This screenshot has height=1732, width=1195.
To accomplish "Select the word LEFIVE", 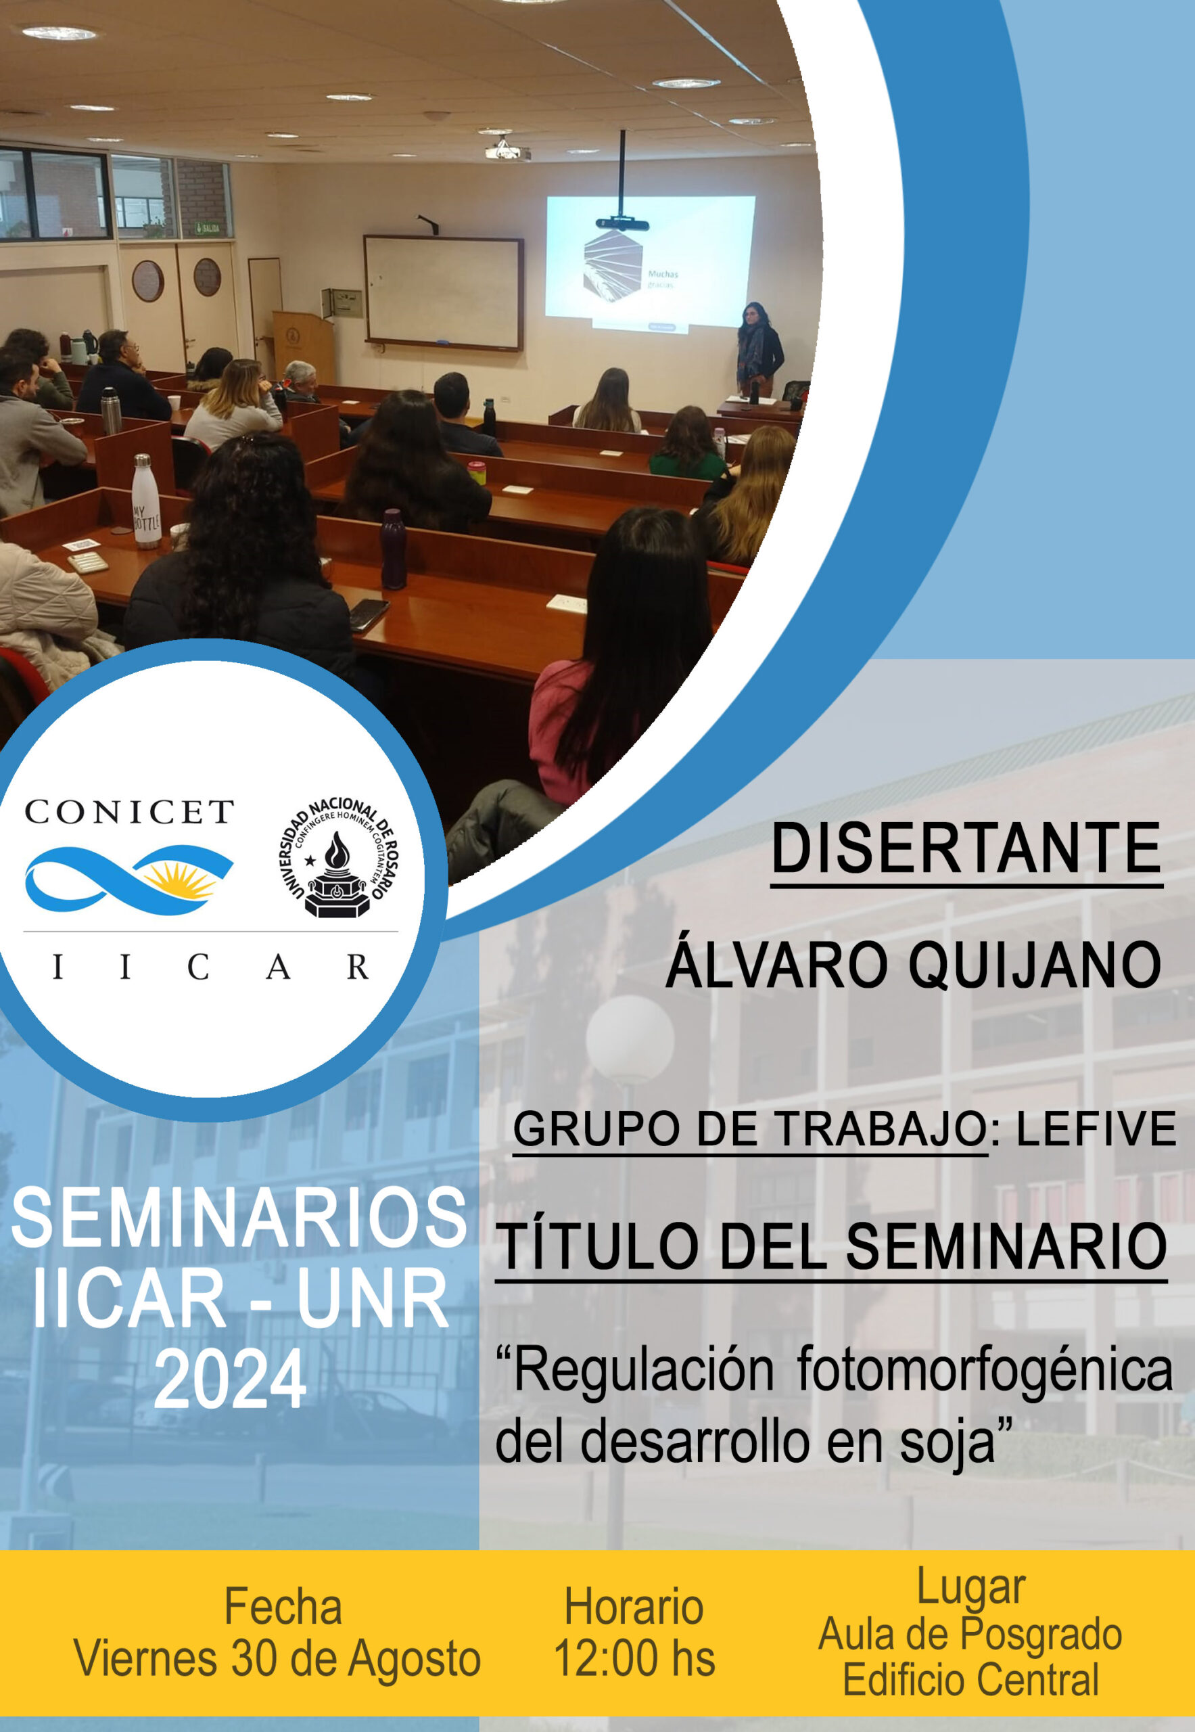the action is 1096,1129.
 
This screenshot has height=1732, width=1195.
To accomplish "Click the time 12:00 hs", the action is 634,1658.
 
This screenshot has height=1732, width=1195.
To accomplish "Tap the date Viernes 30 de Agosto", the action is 277,1658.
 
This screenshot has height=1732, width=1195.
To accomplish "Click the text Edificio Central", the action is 970,1679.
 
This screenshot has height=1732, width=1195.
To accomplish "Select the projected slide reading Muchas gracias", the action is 650,263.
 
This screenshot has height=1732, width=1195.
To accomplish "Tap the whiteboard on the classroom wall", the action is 443,292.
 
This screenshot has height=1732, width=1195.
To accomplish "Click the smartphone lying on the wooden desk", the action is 369,614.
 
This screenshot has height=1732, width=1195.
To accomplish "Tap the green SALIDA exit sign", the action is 208,227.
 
